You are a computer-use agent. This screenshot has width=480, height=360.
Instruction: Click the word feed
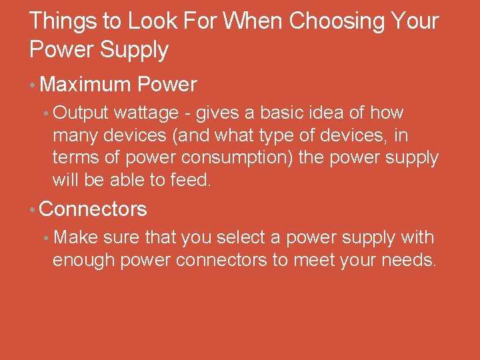pyautogui.click(x=191, y=180)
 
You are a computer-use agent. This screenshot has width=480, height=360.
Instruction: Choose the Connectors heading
pyautogui.click(x=93, y=209)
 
